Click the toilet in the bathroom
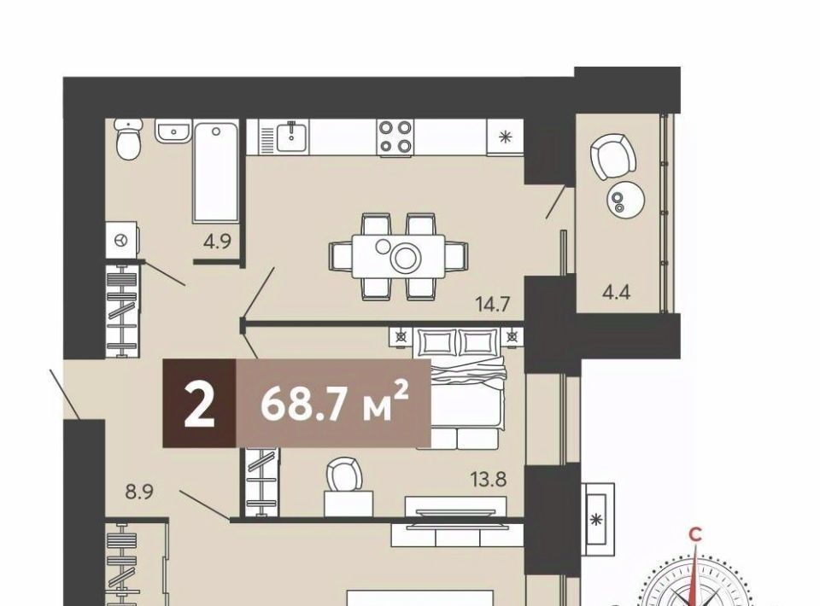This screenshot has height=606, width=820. (x=128, y=139)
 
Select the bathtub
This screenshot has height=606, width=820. (x=215, y=172)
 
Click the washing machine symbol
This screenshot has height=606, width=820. (x=122, y=240)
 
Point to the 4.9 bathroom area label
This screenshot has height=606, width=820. (x=217, y=242)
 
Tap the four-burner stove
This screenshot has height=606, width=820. (x=395, y=137)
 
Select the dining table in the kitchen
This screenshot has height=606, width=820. (x=399, y=257)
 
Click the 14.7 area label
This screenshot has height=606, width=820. (x=492, y=304)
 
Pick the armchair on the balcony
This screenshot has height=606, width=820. (x=613, y=156)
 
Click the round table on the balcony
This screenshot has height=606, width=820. (x=625, y=200)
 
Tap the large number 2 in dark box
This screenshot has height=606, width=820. (x=199, y=404)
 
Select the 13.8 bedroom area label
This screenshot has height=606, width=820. (x=489, y=479)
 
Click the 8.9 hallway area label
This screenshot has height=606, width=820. (x=139, y=492)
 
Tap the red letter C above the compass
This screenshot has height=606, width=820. (x=695, y=534)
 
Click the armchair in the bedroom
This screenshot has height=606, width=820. (x=343, y=475)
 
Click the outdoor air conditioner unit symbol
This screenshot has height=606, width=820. (x=597, y=519)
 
